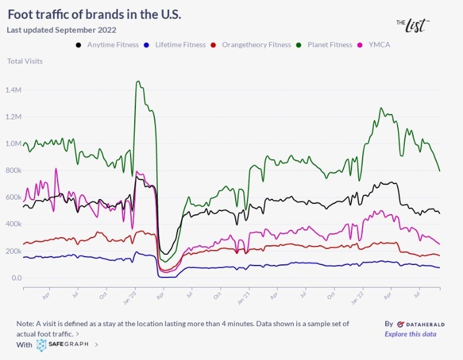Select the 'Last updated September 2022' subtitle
[x=61, y=30]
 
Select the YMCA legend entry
[x=378, y=45]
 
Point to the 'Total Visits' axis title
[x=25, y=61]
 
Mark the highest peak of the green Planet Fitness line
[x=138, y=81]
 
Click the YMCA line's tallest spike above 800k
[x=56, y=169]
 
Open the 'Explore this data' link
[x=410, y=334]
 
